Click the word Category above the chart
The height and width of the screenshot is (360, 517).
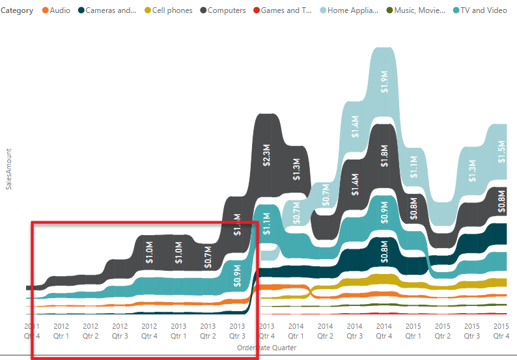pyautogui.click(x=18, y=10)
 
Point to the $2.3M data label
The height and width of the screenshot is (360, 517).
pyautogui.click(x=266, y=156)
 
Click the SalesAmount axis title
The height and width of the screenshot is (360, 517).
pyautogui.click(x=8, y=169)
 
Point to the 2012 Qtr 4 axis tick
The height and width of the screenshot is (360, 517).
pyautogui.click(x=149, y=331)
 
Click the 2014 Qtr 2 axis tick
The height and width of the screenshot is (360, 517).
pyautogui.click(x=325, y=331)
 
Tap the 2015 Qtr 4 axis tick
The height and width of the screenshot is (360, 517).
pyautogui.click(x=501, y=331)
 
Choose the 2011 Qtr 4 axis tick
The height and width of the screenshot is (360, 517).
pyautogui.click(x=32, y=331)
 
